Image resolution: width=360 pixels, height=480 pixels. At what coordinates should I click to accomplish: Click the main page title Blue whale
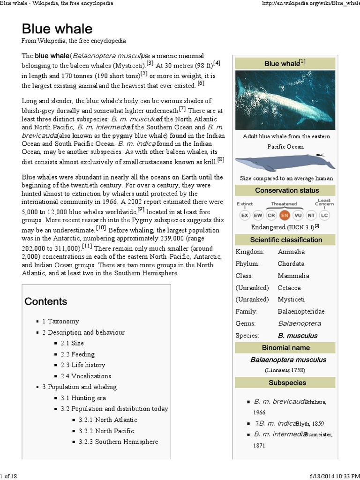coord(57,29)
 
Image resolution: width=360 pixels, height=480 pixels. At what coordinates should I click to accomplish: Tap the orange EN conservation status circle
coord(284,215)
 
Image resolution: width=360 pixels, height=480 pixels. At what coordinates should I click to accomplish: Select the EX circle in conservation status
coord(245,215)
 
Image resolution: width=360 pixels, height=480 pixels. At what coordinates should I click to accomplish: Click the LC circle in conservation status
coord(324,215)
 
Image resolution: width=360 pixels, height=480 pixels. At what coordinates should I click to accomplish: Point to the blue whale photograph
coord(285,100)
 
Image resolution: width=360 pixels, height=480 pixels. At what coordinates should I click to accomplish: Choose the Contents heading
coord(46,301)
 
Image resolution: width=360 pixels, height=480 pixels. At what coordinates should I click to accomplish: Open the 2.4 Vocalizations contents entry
coord(86,376)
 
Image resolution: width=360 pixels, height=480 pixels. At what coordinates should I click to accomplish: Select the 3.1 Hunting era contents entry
coord(83,398)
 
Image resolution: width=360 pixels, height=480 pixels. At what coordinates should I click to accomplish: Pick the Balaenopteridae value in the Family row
coord(301,311)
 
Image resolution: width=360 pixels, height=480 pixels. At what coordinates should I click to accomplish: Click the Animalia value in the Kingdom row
coord(291,252)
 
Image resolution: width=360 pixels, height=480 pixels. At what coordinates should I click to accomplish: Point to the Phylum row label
coord(247,263)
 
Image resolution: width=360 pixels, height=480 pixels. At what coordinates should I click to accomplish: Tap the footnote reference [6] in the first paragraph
coord(201,83)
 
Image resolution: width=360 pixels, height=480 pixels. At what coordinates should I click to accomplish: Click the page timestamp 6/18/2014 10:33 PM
coord(332,476)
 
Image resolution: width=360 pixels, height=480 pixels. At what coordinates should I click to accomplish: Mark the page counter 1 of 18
coord(9,476)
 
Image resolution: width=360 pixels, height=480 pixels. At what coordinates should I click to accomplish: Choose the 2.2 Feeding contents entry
coord(77,354)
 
